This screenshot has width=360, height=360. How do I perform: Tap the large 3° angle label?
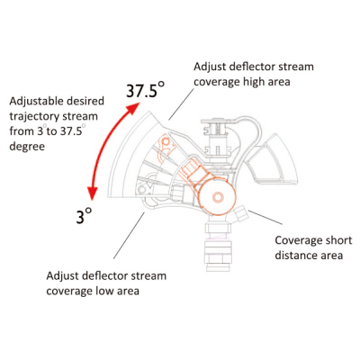tap(84, 216)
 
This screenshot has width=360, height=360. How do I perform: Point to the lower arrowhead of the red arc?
tap(93, 193)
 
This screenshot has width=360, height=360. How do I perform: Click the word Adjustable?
tap(37, 102)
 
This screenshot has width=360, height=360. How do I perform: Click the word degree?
tap(27, 147)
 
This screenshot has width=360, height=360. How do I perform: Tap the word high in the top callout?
tap(255, 82)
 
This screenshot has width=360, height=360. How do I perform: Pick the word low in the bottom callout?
tap(104, 291)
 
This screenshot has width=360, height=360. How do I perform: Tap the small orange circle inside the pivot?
tap(218, 197)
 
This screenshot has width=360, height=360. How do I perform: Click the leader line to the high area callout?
tap(181, 104)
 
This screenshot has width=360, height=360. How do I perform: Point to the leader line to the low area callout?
tap(129, 236)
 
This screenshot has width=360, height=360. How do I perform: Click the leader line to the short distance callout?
tap(265, 217)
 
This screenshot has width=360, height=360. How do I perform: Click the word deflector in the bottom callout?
tap(94, 275)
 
